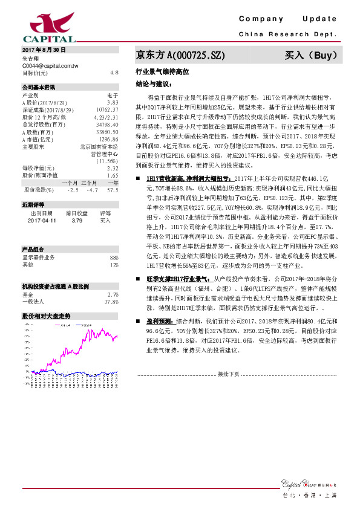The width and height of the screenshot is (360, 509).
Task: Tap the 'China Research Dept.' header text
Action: click(x=287, y=35)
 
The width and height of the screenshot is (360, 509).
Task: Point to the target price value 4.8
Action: click(x=114, y=72)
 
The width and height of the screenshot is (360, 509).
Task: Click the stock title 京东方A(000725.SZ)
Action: click(x=180, y=55)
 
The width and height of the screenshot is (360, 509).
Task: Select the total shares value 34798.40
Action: click(x=108, y=123)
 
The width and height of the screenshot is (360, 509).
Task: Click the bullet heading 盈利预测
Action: click(x=159, y=323)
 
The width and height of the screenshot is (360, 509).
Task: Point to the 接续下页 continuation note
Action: click(x=228, y=374)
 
